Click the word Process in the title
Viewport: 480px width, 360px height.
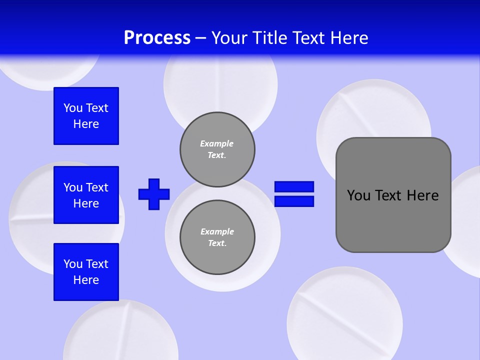[x=157, y=38]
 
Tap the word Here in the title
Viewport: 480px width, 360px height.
[x=349, y=38]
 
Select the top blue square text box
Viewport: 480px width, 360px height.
[x=86, y=116]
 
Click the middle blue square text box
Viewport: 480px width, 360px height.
[x=86, y=195]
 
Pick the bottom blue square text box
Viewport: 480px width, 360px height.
[x=86, y=272]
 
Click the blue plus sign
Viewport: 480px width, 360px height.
[x=154, y=194]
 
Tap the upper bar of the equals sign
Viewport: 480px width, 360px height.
[x=294, y=187]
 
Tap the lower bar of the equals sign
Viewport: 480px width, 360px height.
[x=294, y=201]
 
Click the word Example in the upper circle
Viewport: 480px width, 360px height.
[x=216, y=143]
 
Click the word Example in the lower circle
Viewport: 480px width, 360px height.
[x=217, y=231]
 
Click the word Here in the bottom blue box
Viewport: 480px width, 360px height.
[x=86, y=280]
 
